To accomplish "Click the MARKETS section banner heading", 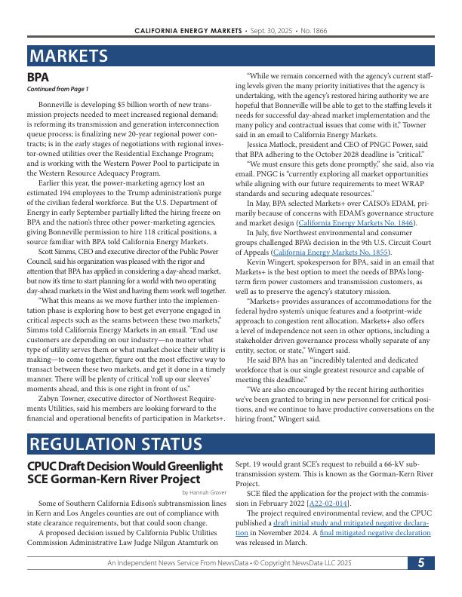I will point(69,57).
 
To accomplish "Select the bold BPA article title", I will point(38,77).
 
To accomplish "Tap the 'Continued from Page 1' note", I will point(57,89).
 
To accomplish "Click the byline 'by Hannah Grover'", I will point(204,492).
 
